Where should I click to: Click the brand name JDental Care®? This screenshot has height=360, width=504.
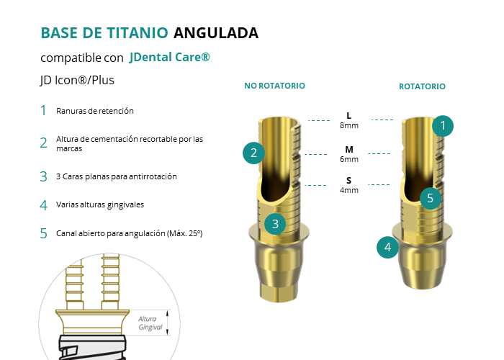pyautogui.click(x=170, y=57)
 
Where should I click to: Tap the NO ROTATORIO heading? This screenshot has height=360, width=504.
pyautogui.click(x=274, y=86)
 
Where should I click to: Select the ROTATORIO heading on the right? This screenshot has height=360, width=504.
pyautogui.click(x=422, y=86)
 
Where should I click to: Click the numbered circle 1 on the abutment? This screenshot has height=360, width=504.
pyautogui.click(x=443, y=125)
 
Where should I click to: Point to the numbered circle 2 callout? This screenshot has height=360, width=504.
pyautogui.click(x=253, y=153)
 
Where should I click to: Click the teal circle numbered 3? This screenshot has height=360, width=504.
pyautogui.click(x=275, y=224)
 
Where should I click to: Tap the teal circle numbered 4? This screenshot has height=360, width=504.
pyautogui.click(x=388, y=248)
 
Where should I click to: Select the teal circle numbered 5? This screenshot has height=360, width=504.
pyautogui.click(x=430, y=197)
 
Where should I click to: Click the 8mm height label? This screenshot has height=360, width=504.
pyautogui.click(x=348, y=125)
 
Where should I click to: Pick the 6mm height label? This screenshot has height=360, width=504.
pyautogui.click(x=348, y=159)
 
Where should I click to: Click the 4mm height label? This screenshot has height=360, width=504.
pyautogui.click(x=348, y=190)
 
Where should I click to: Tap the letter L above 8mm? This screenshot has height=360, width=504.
pyautogui.click(x=348, y=115)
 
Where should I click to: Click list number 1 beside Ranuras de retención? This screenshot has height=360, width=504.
pyautogui.click(x=43, y=111)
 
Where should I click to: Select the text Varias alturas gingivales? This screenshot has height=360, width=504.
pyautogui.click(x=99, y=204)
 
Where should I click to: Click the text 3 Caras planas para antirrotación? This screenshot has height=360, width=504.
pyautogui.click(x=116, y=176)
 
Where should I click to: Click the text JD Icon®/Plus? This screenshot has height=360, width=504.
pyautogui.click(x=78, y=81)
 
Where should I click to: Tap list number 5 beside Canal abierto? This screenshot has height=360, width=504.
pyautogui.click(x=43, y=233)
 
